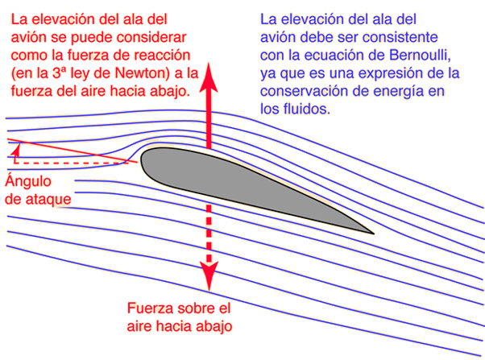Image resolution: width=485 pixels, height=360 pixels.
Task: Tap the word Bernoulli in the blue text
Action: [420, 55]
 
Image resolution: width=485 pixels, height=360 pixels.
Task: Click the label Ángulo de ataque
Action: [38, 189]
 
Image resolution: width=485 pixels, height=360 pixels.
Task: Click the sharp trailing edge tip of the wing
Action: [374, 234]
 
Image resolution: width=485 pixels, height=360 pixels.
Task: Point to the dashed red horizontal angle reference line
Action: [71, 163]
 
